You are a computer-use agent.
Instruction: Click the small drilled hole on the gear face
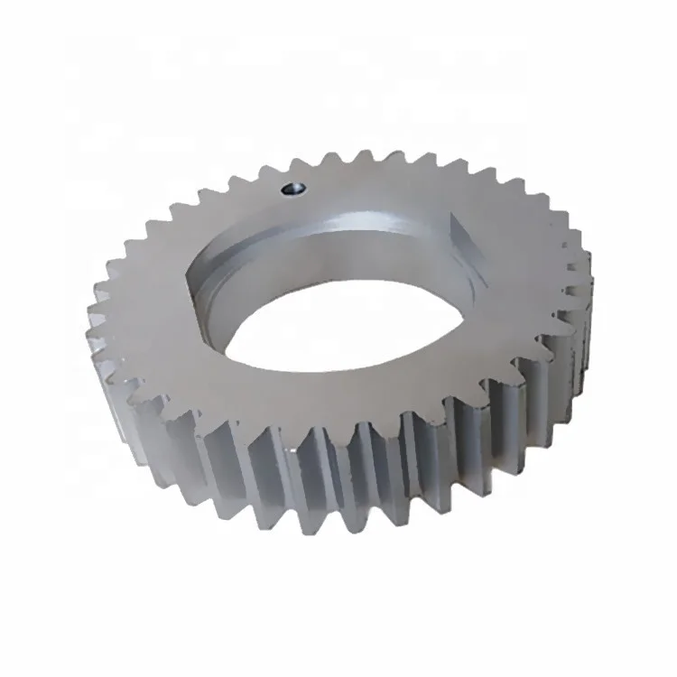(x=292, y=189)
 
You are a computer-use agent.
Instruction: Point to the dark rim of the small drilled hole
(x=292, y=183)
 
